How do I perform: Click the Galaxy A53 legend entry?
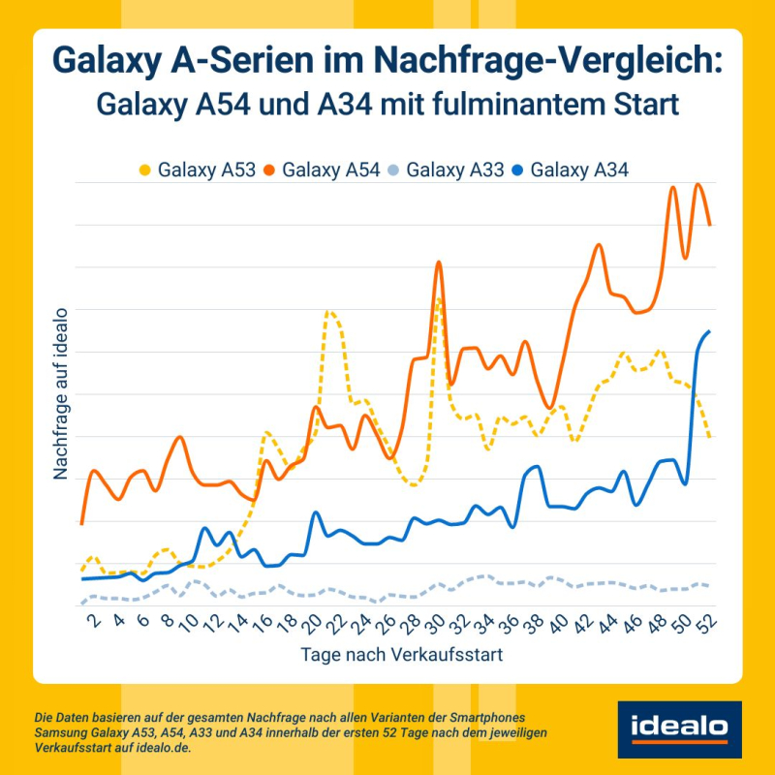[x=199, y=170]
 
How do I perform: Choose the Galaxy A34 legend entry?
[x=572, y=170]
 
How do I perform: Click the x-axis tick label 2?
[x=94, y=623]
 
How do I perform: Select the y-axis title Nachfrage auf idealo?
[x=60, y=393]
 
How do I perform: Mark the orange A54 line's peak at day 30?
[x=439, y=263]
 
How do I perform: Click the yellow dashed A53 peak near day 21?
[x=329, y=312]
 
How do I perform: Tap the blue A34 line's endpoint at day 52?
[x=710, y=331]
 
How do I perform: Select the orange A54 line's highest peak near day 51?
[x=697, y=184]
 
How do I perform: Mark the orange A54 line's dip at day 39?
[x=550, y=408]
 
